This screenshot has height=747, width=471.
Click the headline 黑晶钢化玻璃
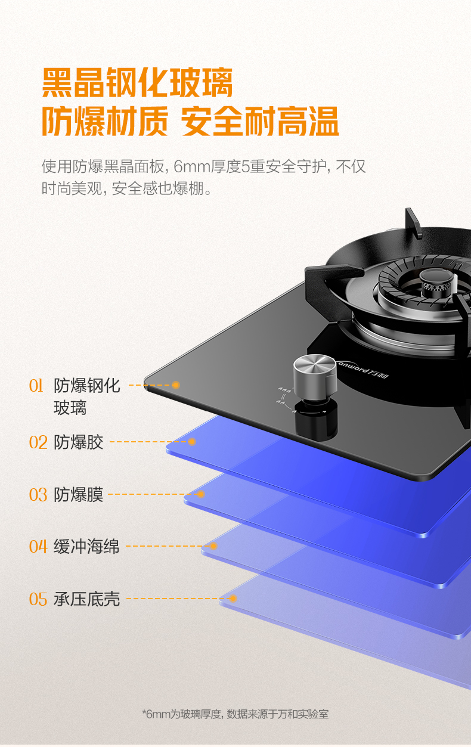(x=137, y=82)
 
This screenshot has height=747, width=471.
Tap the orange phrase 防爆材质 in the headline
(x=105, y=121)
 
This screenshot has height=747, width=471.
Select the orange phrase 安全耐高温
(x=260, y=121)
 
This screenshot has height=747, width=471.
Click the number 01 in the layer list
(x=36, y=386)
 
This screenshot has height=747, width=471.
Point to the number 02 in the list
(x=38, y=442)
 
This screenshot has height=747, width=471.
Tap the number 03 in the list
(x=38, y=495)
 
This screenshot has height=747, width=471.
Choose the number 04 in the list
(x=38, y=547)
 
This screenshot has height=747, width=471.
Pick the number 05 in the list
(x=38, y=599)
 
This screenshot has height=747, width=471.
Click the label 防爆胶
(x=78, y=442)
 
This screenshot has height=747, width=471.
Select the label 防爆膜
(x=78, y=495)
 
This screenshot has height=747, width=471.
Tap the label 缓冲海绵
(x=86, y=547)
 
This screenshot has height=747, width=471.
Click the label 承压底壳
(x=86, y=599)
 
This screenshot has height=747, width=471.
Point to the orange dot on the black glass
(x=176, y=385)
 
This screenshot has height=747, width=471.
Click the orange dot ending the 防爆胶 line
(x=191, y=442)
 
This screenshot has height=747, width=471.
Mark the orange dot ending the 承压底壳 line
(x=233, y=599)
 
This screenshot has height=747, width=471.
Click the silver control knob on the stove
(x=315, y=375)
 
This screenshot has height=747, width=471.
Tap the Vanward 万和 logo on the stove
(x=362, y=370)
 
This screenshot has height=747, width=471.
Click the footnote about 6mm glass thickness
(x=235, y=714)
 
